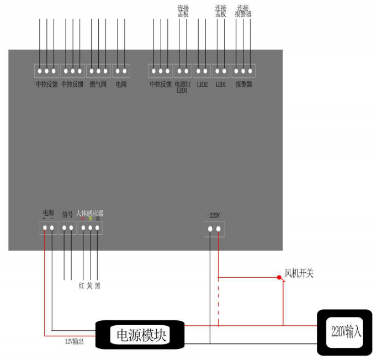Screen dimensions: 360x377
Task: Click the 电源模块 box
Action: (140, 335)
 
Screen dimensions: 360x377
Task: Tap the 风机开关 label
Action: (299, 273)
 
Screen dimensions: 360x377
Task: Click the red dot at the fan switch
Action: (279, 277)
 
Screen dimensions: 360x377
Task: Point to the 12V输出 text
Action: (74, 341)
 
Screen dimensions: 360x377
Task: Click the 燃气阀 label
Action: (99, 84)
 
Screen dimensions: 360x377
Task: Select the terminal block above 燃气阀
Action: (99, 71)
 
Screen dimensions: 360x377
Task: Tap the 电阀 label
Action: (121, 84)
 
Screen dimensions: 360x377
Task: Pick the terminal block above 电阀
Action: (121, 71)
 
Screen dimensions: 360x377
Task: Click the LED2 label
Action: (202, 84)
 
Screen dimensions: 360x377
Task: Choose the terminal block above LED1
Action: (221, 71)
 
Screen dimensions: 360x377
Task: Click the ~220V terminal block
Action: (214, 229)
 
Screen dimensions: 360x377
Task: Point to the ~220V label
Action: (214, 215)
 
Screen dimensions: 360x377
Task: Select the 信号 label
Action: (67, 214)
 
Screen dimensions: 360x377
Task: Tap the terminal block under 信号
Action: (68, 227)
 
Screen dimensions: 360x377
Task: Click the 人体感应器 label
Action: (90, 213)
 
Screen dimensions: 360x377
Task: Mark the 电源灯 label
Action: (182, 84)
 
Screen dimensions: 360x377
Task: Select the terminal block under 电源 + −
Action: (48, 227)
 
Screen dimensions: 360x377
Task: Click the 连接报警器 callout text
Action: (243, 11)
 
